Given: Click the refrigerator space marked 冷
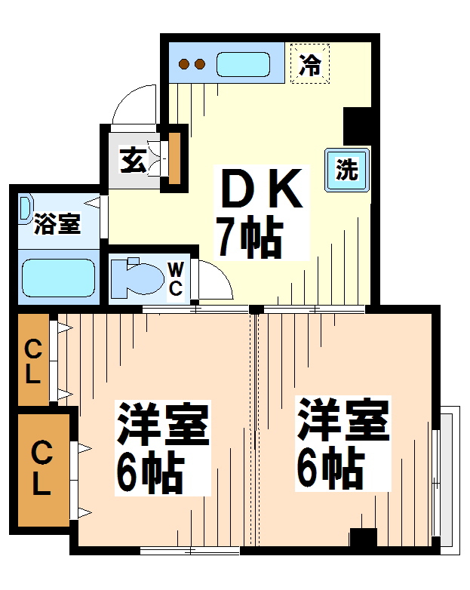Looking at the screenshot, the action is [x=310, y=63].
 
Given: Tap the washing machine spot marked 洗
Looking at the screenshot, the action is [x=347, y=170].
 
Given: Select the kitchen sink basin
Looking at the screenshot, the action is [x=243, y=64].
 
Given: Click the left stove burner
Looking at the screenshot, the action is [x=184, y=64].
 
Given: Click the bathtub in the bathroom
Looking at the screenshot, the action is [x=58, y=278].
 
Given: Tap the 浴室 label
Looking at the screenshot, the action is [x=57, y=224].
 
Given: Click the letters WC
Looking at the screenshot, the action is [x=176, y=279].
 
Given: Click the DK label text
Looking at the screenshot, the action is [x=262, y=188].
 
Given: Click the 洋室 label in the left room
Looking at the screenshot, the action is [x=162, y=424].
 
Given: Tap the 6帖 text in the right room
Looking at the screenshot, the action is [x=330, y=468].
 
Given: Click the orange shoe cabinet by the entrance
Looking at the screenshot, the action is [x=174, y=158].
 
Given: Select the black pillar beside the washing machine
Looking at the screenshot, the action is [x=358, y=127].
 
